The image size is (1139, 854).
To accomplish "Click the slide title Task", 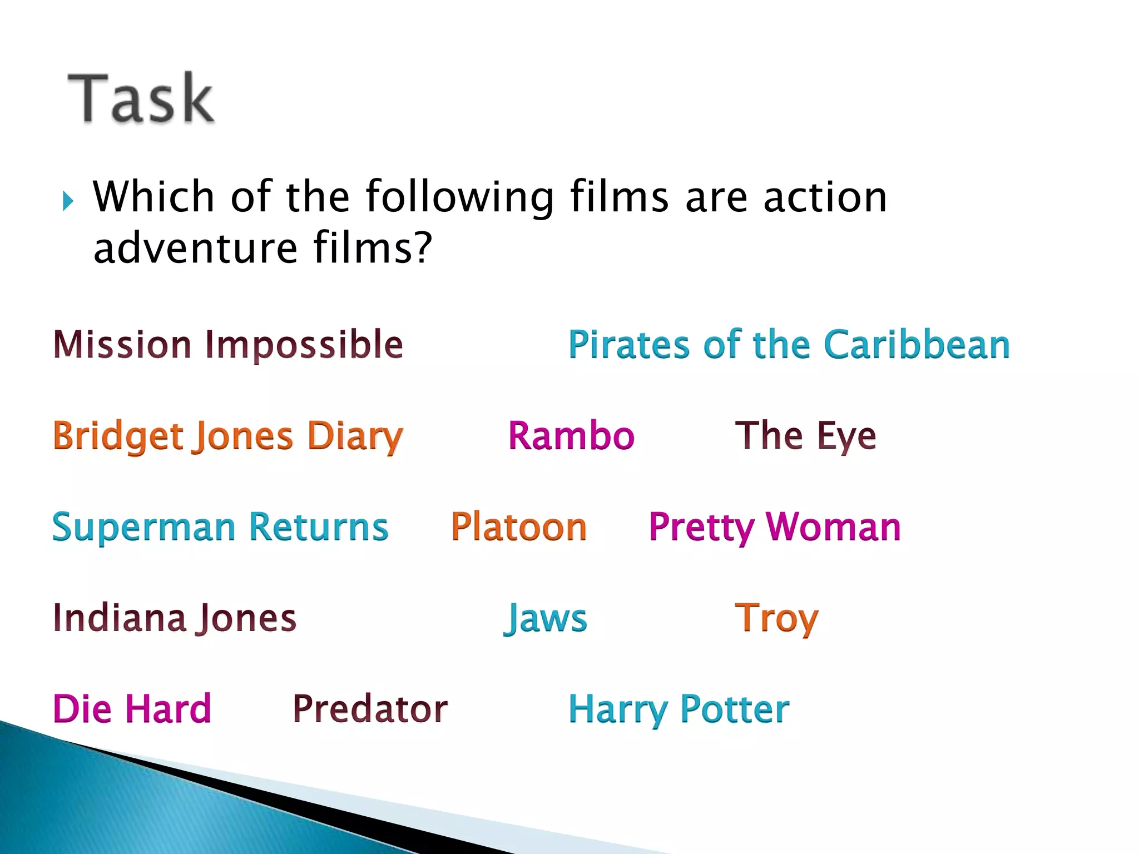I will coord(141,98).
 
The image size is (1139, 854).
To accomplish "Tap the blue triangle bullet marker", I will coord(68,201).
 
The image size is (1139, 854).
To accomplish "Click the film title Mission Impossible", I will coord(228,345).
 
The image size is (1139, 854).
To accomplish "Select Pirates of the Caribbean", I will coord(789,345).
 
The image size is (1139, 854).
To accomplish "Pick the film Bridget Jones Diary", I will coord(228,436).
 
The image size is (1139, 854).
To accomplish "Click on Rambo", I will coord(571,435).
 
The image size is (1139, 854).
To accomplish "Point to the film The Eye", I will coord(805,435).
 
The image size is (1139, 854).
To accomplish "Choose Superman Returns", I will coord(220,527).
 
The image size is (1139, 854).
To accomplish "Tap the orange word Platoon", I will coord(519,527).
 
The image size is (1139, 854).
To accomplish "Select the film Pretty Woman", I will coord(775,527).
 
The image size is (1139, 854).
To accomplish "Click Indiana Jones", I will coord(175,618).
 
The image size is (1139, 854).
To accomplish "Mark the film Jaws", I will coord(545,618).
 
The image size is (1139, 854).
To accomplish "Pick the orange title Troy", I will coord(776,618).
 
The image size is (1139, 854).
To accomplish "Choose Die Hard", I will coord(132,709).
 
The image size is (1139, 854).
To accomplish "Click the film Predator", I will coord(370,709).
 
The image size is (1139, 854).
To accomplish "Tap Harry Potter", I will coord(679,710).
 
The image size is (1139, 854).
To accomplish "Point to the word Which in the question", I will coord(153,197).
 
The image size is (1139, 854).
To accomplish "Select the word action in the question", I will coord(825,197).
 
